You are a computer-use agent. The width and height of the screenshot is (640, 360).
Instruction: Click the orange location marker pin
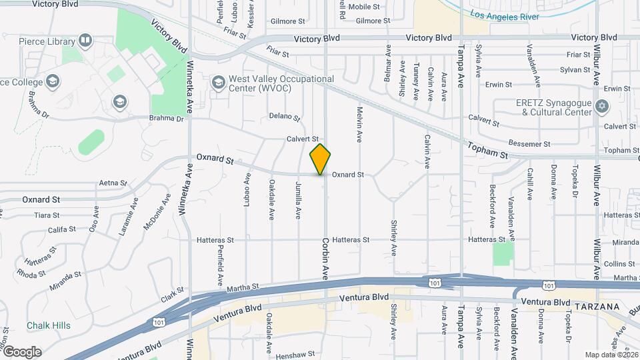[x=320, y=159]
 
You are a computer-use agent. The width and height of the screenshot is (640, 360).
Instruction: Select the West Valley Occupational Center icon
[x=217, y=82]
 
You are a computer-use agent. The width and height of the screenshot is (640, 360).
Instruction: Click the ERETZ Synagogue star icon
[x=602, y=107]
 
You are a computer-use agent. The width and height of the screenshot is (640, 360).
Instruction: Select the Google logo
[x=22, y=352]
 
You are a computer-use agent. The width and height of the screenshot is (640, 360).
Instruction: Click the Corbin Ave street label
[x=326, y=259]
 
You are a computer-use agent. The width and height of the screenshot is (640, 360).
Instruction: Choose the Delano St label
[x=285, y=117]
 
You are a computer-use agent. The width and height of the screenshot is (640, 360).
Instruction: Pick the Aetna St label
[x=112, y=183]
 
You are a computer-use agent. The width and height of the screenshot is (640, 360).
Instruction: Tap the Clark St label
[x=171, y=293]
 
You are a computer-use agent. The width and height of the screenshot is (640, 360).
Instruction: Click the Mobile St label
[x=363, y=7]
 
